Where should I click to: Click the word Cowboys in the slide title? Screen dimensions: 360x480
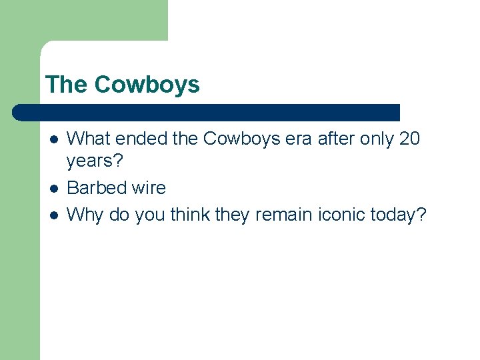point(147,85)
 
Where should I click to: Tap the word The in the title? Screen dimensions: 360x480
point(67,85)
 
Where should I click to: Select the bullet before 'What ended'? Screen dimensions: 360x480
point(54,139)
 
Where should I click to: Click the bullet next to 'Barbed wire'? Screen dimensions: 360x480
point(54,189)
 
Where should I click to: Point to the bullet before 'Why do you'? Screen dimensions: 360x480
point(54,215)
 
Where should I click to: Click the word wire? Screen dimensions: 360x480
point(149,188)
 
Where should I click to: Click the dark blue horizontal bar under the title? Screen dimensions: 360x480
point(207,112)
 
